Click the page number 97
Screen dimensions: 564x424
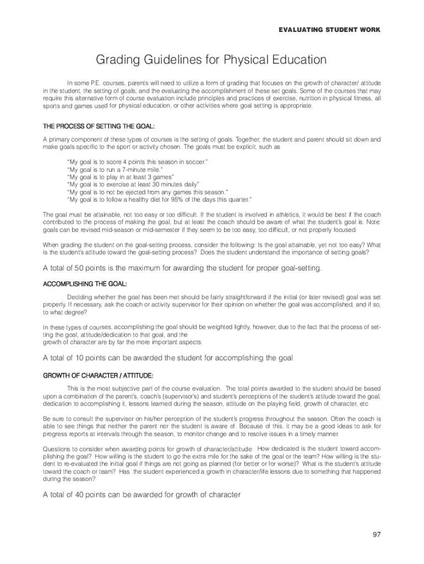377,534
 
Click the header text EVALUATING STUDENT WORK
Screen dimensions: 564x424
329,30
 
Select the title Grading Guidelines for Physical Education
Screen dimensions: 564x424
211,59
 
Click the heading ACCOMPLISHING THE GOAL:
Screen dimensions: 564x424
85,284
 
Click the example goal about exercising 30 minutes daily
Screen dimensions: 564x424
133,185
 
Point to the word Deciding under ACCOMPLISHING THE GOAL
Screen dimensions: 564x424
80,297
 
